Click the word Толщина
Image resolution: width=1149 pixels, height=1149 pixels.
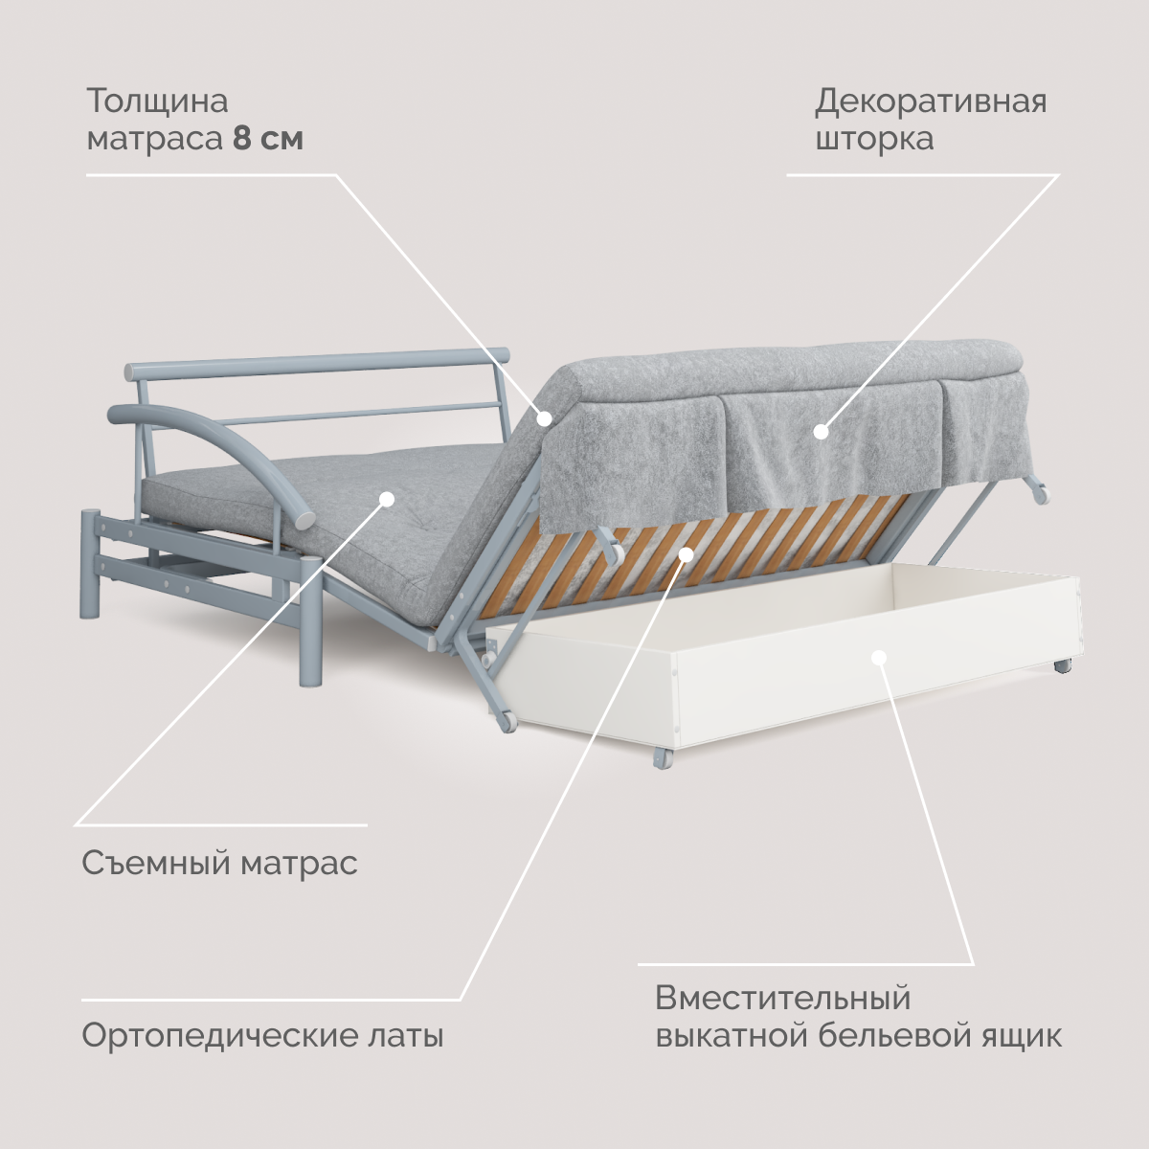pos(157,101)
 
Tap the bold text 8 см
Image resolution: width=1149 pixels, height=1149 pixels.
pos(268,139)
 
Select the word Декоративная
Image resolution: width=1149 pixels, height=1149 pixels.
pos(931,101)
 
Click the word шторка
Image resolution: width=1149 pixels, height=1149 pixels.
pos(873,139)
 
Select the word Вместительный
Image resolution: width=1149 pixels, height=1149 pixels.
pos(782,998)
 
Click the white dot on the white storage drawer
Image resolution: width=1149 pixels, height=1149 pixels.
pos(879,657)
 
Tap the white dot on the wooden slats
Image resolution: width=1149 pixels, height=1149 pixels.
pos(686,553)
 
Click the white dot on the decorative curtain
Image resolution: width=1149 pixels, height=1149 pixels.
pos(821,432)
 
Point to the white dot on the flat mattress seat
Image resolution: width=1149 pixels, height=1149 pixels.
pos(387,498)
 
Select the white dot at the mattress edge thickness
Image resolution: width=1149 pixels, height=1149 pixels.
pos(544,417)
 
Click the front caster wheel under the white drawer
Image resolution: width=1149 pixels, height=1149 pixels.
pos(662,759)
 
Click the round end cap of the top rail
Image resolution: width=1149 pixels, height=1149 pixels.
pos(503,355)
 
